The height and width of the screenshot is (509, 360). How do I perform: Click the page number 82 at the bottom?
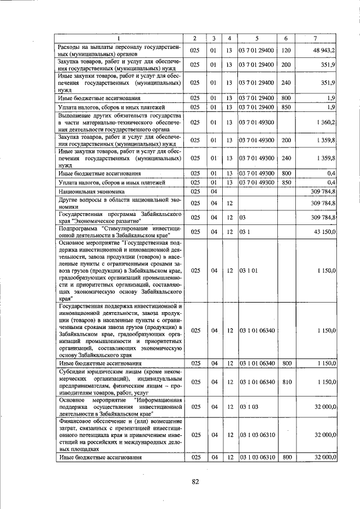click(195, 481)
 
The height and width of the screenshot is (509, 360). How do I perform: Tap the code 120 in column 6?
click(286, 50)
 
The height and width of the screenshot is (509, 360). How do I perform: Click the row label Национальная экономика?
click(87, 192)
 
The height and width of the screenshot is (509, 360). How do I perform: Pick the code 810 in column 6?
click(286, 382)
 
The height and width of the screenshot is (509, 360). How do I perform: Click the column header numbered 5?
click(256, 38)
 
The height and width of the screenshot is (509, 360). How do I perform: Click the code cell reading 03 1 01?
click(249, 271)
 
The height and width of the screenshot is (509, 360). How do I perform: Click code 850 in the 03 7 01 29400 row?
click(286, 107)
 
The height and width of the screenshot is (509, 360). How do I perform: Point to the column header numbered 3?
click(214, 38)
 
